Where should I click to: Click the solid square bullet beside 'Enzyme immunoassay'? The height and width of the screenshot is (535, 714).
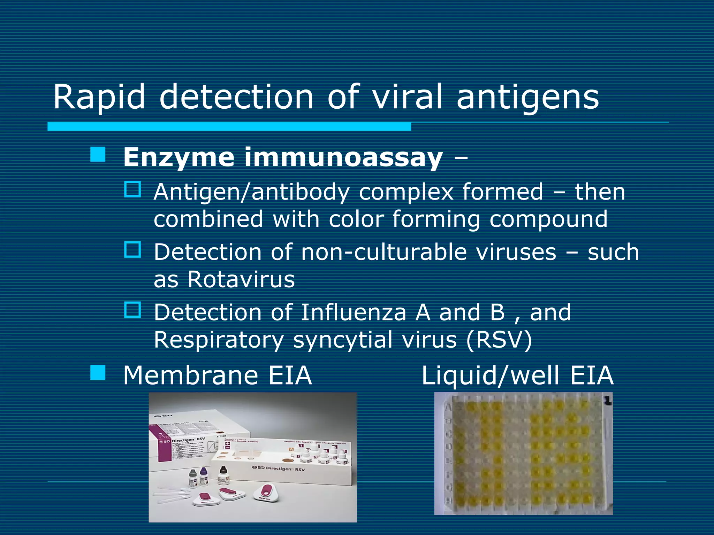[x=98, y=154]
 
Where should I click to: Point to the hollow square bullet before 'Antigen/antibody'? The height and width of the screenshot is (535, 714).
[x=132, y=189]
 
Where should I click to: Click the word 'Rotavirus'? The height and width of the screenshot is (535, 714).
[x=241, y=279]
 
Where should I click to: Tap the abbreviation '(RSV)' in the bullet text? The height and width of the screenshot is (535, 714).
[x=499, y=340]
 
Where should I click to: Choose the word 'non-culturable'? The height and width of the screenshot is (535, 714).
[x=384, y=252]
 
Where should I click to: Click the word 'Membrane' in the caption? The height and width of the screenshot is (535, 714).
[x=190, y=375]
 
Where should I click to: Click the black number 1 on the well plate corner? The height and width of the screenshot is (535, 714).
[x=608, y=401]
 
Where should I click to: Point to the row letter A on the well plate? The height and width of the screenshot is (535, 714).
[x=449, y=406]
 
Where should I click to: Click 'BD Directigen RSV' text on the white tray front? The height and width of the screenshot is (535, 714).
[x=279, y=468]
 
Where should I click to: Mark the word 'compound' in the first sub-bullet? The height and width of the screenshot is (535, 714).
[x=548, y=219]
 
